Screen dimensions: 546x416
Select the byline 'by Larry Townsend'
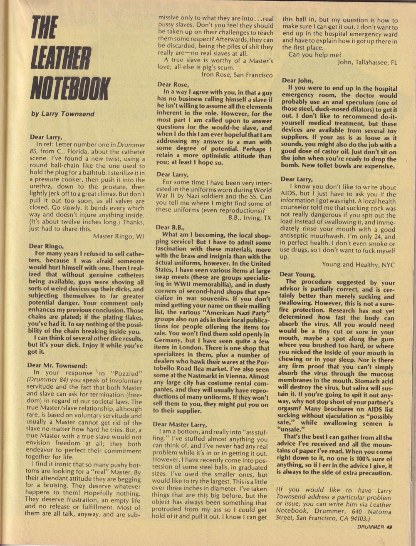coord(63,114)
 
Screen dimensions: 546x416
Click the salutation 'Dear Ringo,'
coord(47,246)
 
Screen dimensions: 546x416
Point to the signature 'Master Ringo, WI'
coord(119,236)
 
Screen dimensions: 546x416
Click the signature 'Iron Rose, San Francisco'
coord(237,75)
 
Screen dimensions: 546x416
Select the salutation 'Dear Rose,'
coord(173,84)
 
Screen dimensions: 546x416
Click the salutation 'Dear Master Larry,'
coord(179,424)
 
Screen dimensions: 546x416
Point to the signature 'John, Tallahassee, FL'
coord(368,62)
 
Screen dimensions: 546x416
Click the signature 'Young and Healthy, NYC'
coord(358,264)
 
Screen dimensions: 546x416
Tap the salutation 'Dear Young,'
coord(297,274)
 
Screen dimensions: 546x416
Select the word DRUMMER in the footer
coord(370,527)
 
